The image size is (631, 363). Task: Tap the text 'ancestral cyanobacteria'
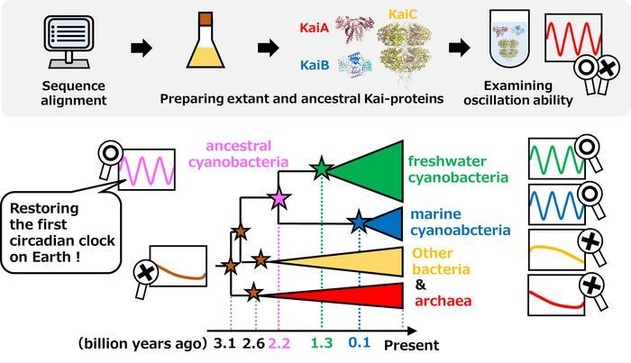(x=246, y=154)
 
